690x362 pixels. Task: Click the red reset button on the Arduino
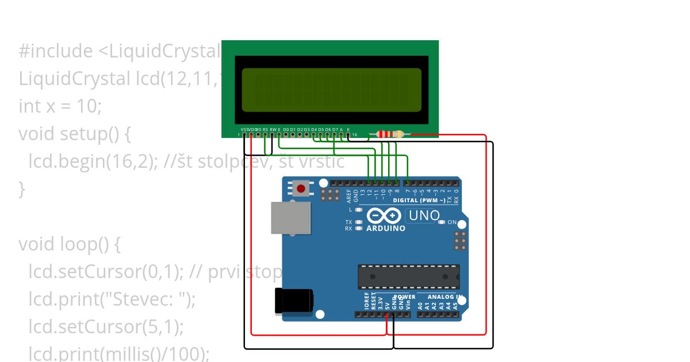(x=300, y=187)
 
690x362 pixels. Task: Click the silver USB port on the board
(x=291, y=218)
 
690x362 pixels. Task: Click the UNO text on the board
(x=424, y=216)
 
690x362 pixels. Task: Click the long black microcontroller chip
(x=409, y=277)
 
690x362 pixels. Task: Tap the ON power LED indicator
(x=442, y=222)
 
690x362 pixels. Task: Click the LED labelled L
(x=359, y=210)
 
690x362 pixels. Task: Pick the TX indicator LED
(x=359, y=222)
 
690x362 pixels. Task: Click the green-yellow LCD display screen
(x=331, y=90)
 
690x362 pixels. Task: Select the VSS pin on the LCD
(x=245, y=134)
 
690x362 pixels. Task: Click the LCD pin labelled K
(x=348, y=134)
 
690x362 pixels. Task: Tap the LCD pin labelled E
(x=279, y=134)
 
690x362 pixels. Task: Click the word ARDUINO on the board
(x=385, y=228)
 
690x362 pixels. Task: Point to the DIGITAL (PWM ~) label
(x=419, y=201)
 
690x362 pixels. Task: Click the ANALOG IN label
(x=445, y=297)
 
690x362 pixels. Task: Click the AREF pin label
(x=349, y=195)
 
